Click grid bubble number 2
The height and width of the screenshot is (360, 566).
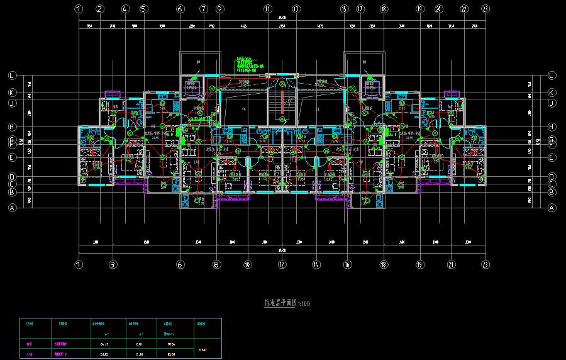(100, 9)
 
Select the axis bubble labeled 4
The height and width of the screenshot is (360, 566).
(125, 9)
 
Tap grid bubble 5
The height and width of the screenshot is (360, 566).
(144, 9)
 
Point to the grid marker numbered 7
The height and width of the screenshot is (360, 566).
(204, 9)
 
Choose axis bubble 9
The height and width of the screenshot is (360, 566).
(219, 9)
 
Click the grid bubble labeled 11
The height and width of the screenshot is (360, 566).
(268, 9)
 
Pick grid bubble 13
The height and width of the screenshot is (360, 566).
(296, 9)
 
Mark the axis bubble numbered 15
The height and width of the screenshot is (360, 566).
(344, 9)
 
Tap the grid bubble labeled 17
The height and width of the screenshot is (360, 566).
(360, 9)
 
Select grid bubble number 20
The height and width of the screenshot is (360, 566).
(439, 9)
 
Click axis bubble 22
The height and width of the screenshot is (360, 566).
(464, 9)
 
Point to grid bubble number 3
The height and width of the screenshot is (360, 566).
(113, 265)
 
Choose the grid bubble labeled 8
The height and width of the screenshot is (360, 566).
(216, 265)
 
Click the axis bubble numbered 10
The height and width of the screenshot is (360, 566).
(248, 265)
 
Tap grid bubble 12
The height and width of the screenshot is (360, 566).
(282, 265)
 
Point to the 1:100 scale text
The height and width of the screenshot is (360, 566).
(304, 303)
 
